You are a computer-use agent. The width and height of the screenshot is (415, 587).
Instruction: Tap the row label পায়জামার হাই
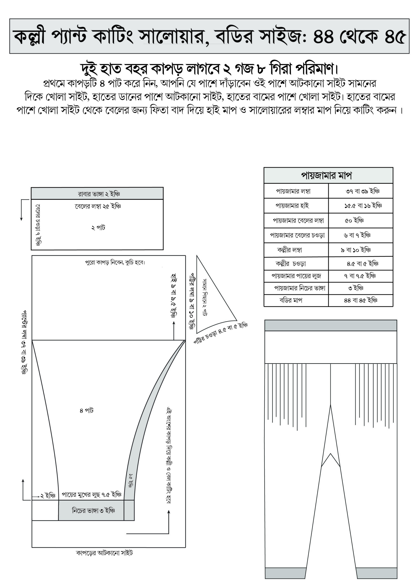tap(292, 205)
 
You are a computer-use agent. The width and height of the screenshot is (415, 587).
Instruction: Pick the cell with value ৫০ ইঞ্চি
tap(354, 220)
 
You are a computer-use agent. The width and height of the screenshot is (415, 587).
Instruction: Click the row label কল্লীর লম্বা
tap(289, 250)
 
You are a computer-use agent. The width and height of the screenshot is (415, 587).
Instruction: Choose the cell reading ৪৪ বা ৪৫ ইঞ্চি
tap(360, 300)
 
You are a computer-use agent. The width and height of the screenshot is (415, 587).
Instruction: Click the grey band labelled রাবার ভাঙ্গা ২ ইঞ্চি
tap(97, 194)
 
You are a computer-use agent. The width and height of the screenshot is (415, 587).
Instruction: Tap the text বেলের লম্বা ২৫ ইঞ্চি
tap(98, 206)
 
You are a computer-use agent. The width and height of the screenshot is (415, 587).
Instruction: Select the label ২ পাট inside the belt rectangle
tap(98, 227)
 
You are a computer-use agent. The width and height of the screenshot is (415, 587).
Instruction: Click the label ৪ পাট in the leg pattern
tap(86, 411)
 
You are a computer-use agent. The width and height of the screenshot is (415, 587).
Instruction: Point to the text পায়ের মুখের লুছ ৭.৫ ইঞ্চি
tap(91, 495)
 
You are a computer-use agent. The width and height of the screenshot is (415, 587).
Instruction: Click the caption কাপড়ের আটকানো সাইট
tap(104, 553)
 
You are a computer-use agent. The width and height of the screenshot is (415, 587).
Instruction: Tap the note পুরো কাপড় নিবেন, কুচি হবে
tap(115, 263)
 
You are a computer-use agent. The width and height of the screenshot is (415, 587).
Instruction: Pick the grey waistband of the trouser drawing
tap(330, 325)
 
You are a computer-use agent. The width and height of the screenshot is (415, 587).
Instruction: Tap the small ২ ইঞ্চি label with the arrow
tap(48, 496)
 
